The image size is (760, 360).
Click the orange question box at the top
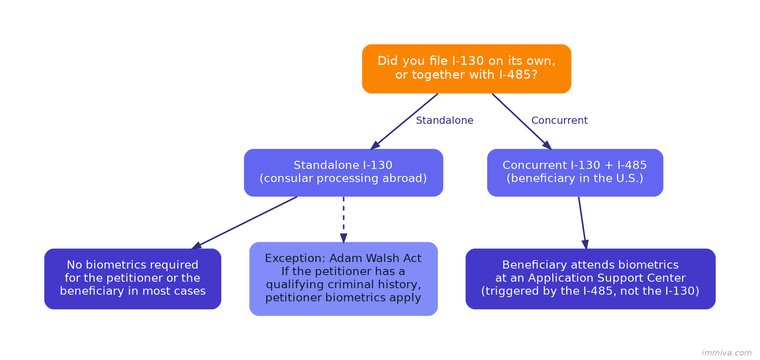pyautogui.click(x=466, y=68)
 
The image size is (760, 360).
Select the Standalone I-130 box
pyautogui.click(x=343, y=172)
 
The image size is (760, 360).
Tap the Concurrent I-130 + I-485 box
pyautogui.click(x=574, y=172)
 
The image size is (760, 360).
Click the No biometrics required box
pyautogui.click(x=132, y=278)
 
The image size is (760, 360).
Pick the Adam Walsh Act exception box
pyautogui.click(x=343, y=278)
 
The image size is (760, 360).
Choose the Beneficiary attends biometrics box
pyautogui.click(x=590, y=278)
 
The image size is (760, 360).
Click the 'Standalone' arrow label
pyautogui.click(x=444, y=120)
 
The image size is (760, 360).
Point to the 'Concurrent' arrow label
pyautogui.click(x=559, y=120)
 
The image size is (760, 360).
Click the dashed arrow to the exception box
pyautogui.click(x=343, y=218)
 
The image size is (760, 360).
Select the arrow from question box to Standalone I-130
pyautogui.click(x=404, y=121)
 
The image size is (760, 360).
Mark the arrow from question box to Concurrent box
pyautogui.click(x=521, y=121)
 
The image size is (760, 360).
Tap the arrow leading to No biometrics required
pyautogui.click(x=245, y=222)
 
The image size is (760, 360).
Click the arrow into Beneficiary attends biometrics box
pyautogui.click(x=582, y=222)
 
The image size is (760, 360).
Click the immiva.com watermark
pyautogui.click(x=726, y=352)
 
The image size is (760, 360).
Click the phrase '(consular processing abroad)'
pyautogui.click(x=343, y=179)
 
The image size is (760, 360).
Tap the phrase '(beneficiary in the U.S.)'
pyautogui.click(x=574, y=179)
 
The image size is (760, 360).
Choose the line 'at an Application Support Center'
pyautogui.click(x=590, y=278)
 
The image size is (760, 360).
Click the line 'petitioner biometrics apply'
pyautogui.click(x=343, y=297)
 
